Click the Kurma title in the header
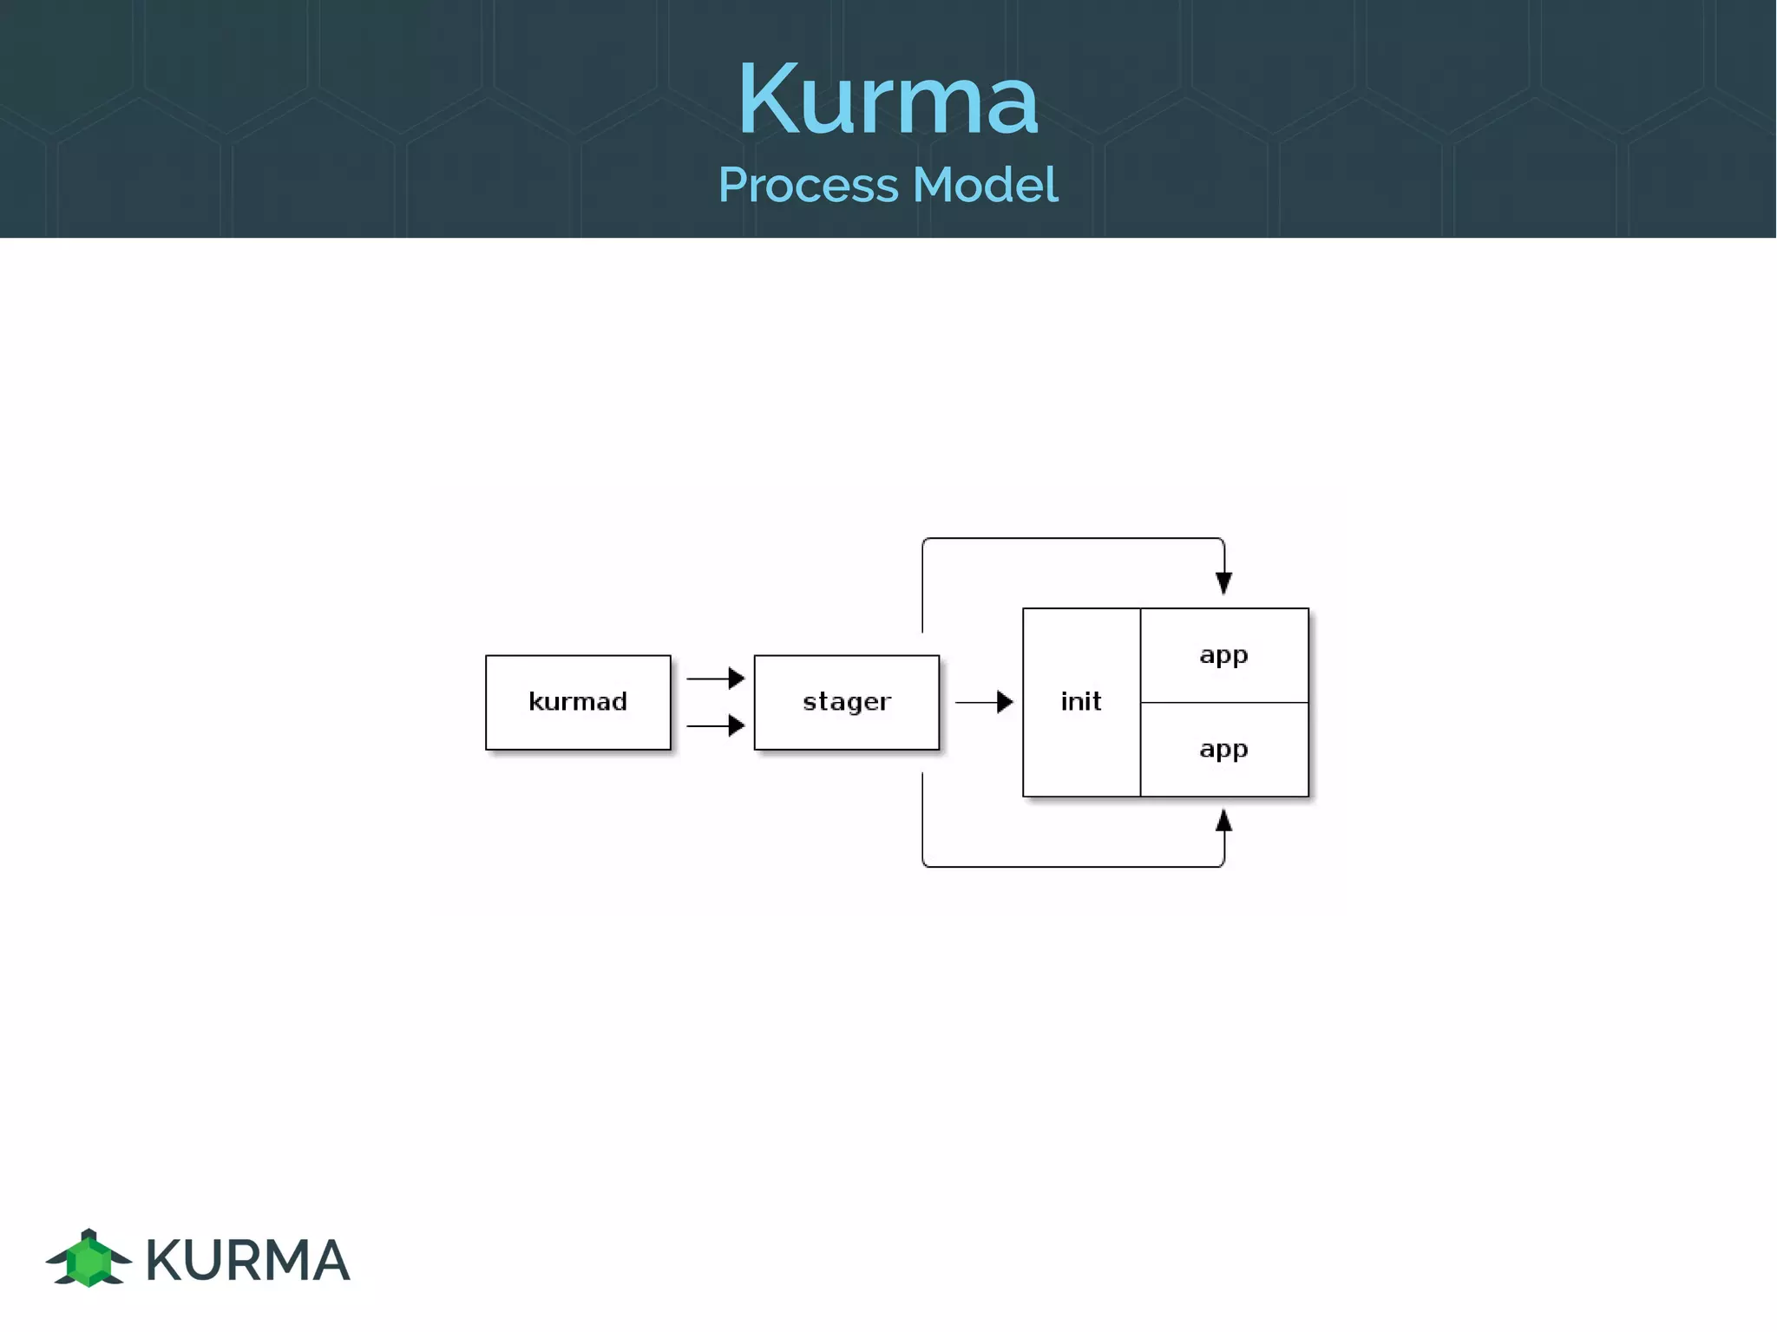point(888,100)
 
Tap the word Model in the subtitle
point(985,186)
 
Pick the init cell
point(1081,701)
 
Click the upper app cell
point(1223,655)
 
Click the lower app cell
point(1223,749)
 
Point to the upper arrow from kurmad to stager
point(715,678)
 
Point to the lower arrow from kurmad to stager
point(715,725)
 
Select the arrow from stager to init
point(983,701)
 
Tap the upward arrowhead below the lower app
point(1223,821)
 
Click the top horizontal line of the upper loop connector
point(1072,538)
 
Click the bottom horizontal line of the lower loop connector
point(1072,866)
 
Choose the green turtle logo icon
point(89,1259)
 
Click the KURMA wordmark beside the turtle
point(247,1260)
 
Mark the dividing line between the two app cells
point(1223,702)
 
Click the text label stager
point(846,701)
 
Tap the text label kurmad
point(578,701)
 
